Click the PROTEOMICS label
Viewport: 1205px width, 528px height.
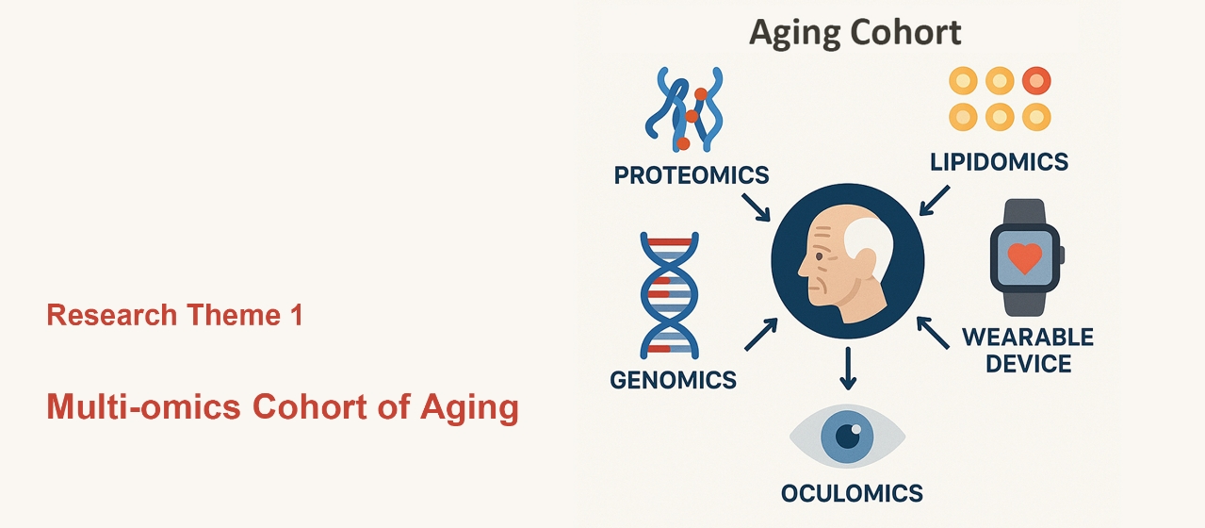pyautogui.click(x=692, y=175)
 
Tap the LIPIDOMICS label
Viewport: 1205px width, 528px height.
pyautogui.click(x=999, y=162)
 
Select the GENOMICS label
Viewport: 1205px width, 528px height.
pyautogui.click(x=673, y=380)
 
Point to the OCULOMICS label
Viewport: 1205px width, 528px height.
pyautogui.click(x=852, y=493)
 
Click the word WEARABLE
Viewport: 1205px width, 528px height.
pyautogui.click(x=1028, y=338)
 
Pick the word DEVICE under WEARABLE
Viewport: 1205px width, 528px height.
pyautogui.click(x=1029, y=364)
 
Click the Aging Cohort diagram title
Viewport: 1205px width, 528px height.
pyautogui.click(x=855, y=32)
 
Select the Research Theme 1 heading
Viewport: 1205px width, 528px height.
pyautogui.click(x=175, y=315)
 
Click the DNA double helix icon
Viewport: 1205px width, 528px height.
pyautogui.click(x=669, y=295)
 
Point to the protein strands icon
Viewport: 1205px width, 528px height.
pyautogui.click(x=684, y=108)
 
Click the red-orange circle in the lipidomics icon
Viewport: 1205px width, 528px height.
pyautogui.click(x=1036, y=81)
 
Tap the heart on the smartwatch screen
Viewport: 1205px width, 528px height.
pyautogui.click(x=1025, y=258)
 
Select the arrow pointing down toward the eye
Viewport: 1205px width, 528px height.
pyautogui.click(x=848, y=368)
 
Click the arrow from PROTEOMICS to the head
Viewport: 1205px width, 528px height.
pyautogui.click(x=757, y=207)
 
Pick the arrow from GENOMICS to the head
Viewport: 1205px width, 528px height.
pyautogui.click(x=761, y=334)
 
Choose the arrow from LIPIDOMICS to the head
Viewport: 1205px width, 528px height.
pyautogui.click(x=935, y=201)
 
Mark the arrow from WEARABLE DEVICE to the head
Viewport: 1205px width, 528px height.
pyautogui.click(x=933, y=333)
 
